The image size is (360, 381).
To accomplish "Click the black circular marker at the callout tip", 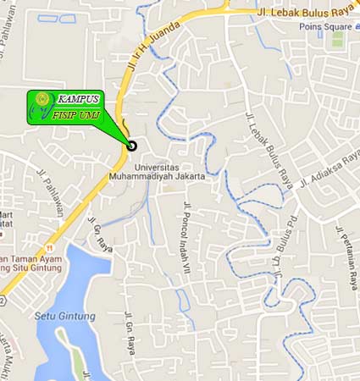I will [x=131, y=146].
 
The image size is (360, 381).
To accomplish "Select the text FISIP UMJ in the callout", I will [x=76, y=114].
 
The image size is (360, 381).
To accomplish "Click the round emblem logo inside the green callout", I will [x=42, y=101].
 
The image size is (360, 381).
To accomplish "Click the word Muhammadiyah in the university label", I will [x=142, y=177].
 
